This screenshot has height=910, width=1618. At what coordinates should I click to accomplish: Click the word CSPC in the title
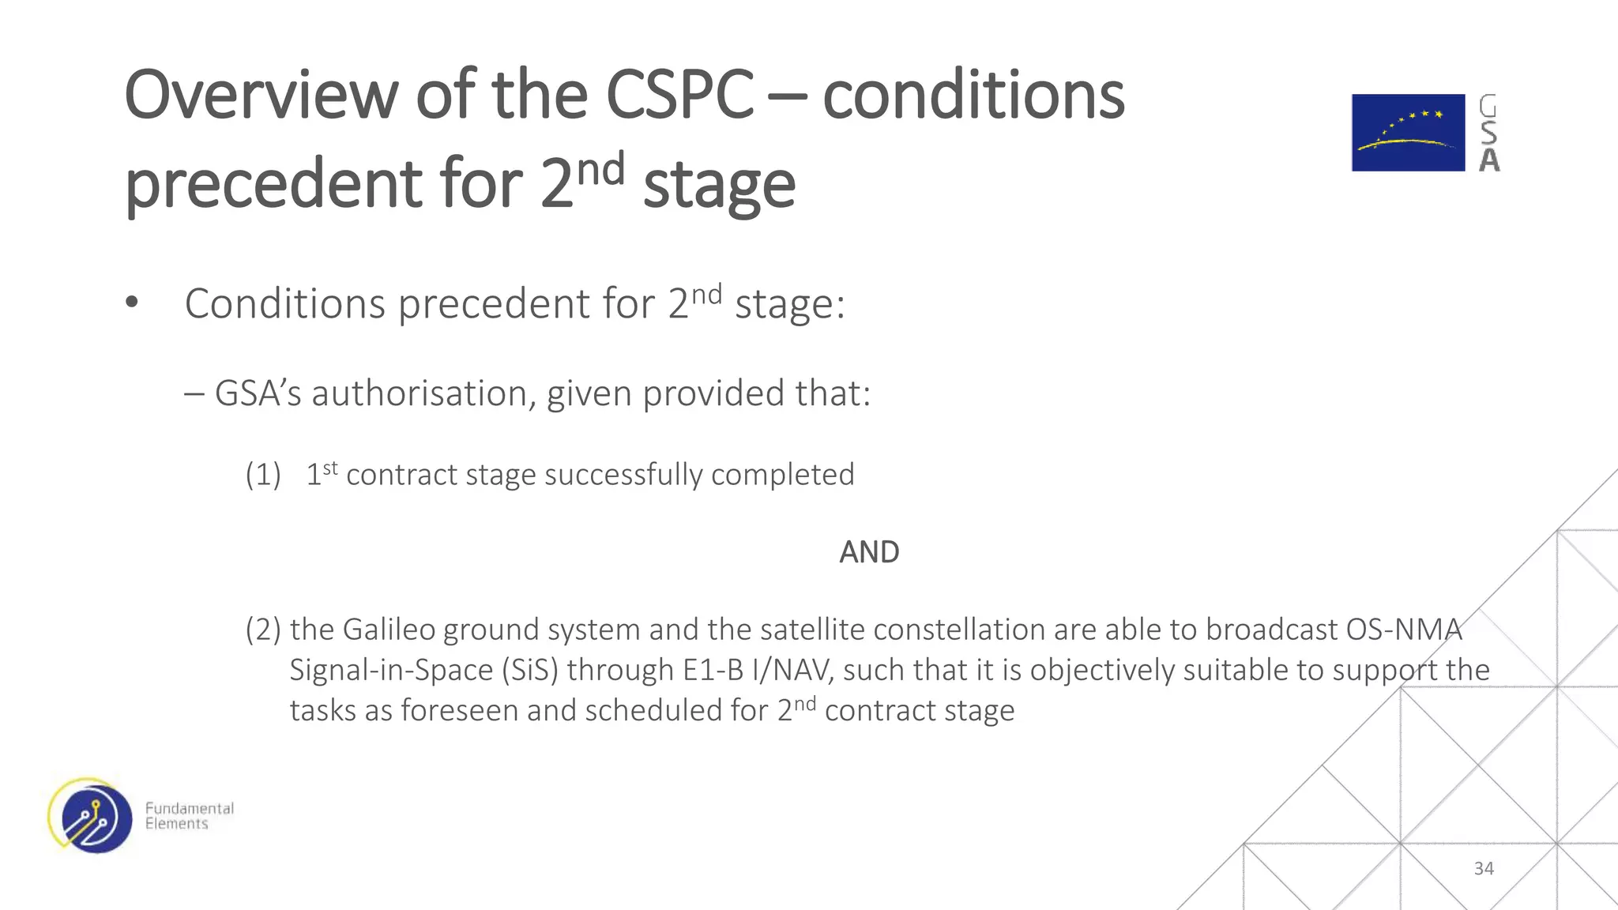[x=679, y=95]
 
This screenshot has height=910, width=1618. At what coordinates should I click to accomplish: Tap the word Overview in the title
[x=261, y=95]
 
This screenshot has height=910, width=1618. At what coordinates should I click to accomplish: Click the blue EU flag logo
[x=1408, y=133]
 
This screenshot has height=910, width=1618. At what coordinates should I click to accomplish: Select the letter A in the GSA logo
[x=1489, y=160]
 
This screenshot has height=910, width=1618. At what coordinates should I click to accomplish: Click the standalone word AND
[x=869, y=552]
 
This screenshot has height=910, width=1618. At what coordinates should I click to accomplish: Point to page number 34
[x=1484, y=868]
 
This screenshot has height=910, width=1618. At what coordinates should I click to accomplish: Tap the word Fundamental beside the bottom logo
[x=190, y=808]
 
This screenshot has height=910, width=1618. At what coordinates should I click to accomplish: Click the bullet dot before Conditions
[x=132, y=303]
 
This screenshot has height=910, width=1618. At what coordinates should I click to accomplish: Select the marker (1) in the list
[x=263, y=475]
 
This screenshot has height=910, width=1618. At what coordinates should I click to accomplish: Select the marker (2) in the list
[x=263, y=630]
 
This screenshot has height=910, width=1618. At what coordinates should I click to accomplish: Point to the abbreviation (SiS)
[x=530, y=670]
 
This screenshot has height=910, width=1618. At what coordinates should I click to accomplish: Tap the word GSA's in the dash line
[x=258, y=393]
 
